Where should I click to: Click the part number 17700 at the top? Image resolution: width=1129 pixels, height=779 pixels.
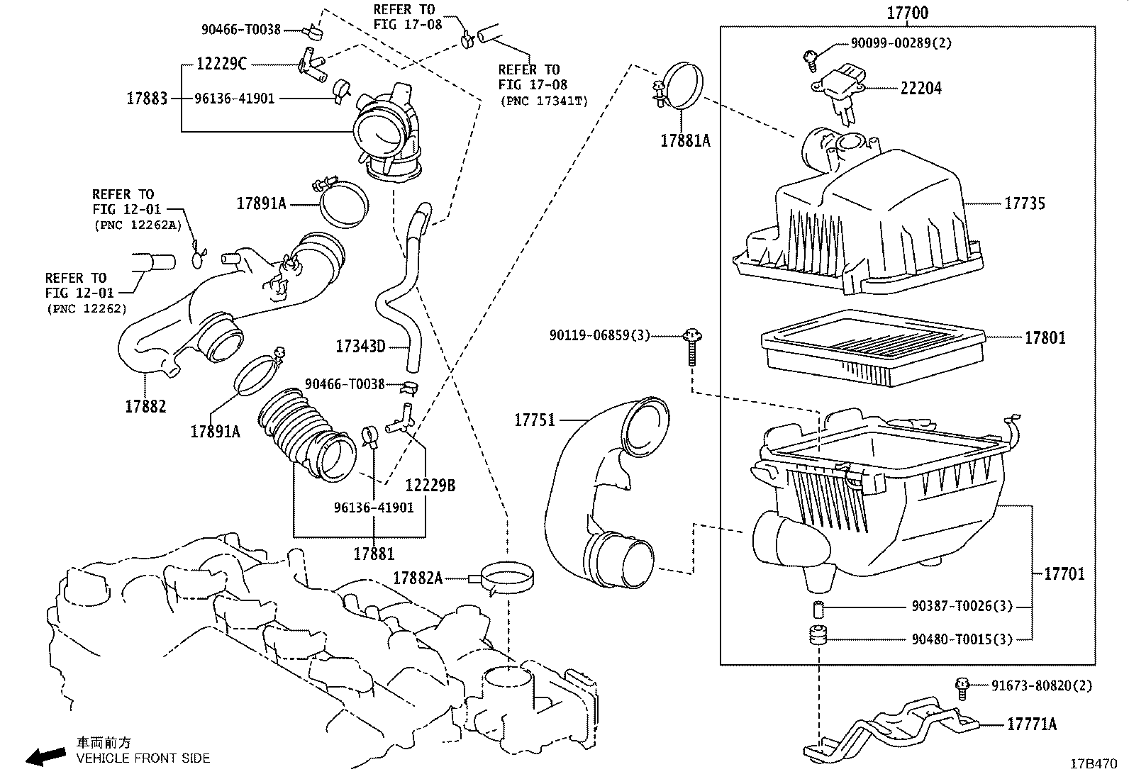click(x=907, y=13)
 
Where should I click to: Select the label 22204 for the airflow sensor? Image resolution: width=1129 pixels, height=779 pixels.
click(x=921, y=89)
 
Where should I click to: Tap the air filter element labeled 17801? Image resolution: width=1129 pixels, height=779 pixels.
click(x=872, y=347)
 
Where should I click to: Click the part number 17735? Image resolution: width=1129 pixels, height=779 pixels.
click(x=1024, y=203)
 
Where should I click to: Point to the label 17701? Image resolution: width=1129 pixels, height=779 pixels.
click(x=1064, y=573)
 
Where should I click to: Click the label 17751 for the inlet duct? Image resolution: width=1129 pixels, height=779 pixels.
click(x=534, y=420)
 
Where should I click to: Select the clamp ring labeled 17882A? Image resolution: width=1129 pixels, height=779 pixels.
click(x=508, y=578)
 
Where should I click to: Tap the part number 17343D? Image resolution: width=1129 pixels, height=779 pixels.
click(x=360, y=347)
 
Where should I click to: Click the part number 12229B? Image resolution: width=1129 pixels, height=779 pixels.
click(x=430, y=486)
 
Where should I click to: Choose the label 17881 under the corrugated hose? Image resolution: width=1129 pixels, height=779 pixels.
click(x=374, y=553)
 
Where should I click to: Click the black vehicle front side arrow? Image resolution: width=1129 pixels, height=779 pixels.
click(x=44, y=756)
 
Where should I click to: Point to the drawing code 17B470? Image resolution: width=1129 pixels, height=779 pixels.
click(x=1093, y=764)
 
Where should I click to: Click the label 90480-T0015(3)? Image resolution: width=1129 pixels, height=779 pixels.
click(x=962, y=639)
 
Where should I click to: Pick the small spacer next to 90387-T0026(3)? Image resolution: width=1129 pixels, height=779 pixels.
click(x=818, y=607)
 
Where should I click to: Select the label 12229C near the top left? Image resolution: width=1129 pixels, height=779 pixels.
click(x=221, y=65)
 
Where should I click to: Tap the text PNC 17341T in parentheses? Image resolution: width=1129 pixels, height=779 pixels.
click(x=544, y=101)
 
